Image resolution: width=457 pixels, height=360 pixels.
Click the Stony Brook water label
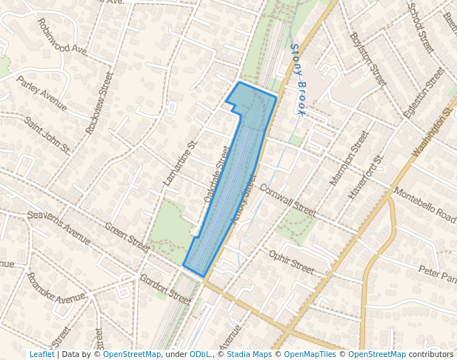298,79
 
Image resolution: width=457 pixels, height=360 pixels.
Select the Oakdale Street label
217,175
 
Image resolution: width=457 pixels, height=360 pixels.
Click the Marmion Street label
349,159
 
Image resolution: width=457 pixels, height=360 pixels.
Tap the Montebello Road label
425,204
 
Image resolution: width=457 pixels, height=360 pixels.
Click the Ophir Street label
292,261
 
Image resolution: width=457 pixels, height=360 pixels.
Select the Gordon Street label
166,289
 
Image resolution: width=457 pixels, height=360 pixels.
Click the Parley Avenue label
42,92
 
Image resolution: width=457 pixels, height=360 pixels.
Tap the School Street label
421,27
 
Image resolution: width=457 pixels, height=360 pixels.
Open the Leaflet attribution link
42,354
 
